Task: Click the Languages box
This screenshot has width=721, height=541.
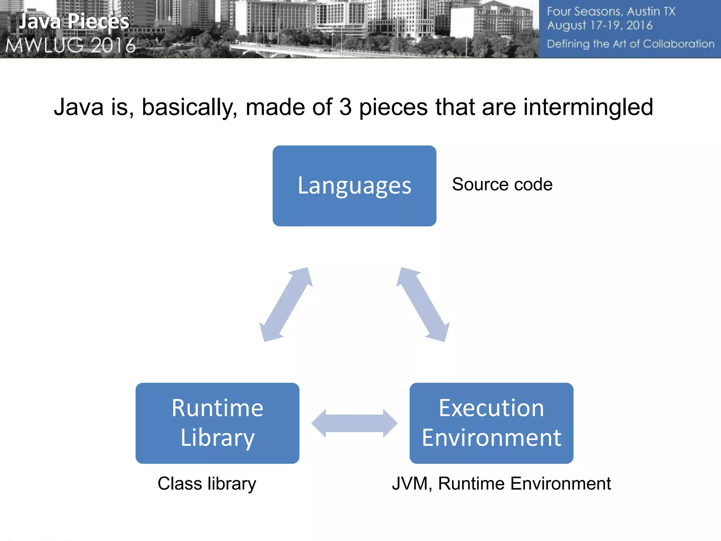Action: (354, 186)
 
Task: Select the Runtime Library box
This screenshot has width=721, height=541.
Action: (217, 423)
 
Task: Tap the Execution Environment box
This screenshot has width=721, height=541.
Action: (491, 423)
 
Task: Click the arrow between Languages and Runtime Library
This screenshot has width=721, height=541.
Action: (286, 304)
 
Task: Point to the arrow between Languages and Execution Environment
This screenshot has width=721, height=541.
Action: (423, 304)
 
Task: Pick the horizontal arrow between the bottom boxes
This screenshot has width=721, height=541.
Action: (354, 423)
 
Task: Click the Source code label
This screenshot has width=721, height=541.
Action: (502, 185)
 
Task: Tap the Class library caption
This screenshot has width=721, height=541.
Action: (207, 483)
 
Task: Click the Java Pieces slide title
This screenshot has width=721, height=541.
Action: (74, 21)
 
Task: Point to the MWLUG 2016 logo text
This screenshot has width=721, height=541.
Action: (70, 45)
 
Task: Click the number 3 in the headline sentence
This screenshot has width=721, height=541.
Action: (345, 107)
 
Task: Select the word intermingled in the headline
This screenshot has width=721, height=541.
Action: (588, 107)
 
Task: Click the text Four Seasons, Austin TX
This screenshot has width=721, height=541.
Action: (611, 12)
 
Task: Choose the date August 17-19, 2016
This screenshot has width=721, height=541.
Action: (600, 25)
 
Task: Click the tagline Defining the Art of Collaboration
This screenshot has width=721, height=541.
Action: (630, 44)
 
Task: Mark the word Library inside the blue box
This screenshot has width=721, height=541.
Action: (217, 438)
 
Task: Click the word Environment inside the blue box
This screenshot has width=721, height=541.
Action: (491, 438)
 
